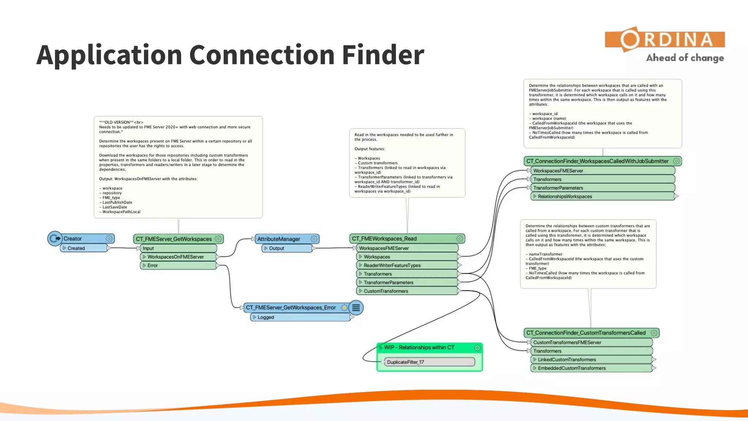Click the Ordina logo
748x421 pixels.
pos(665,40)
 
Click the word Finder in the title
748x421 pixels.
pos(383,55)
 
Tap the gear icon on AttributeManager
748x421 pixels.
pos(314,239)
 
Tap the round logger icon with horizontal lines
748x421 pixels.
pos(356,308)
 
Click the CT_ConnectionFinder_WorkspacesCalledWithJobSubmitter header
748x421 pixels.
pos(598,161)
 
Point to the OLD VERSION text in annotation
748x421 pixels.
pos(117,122)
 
